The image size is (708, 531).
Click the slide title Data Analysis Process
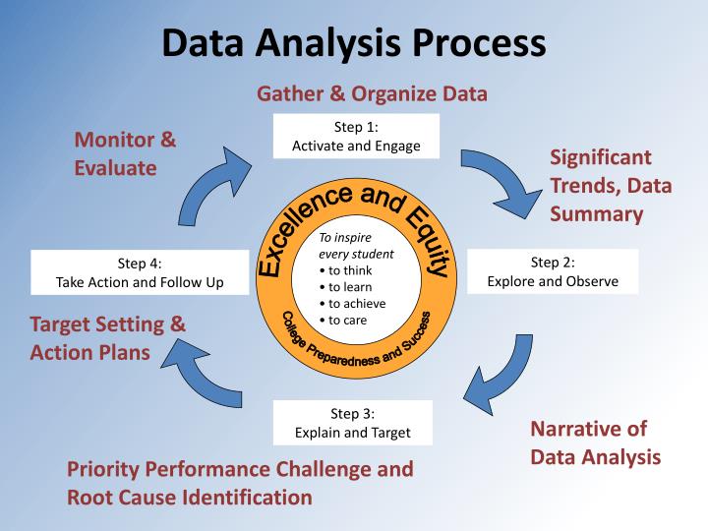tap(354, 44)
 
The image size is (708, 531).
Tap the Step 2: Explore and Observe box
tap(553, 271)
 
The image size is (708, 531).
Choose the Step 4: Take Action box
tap(140, 272)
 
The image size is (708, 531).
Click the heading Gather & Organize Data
tap(373, 94)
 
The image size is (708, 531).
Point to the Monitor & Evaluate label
tap(125, 153)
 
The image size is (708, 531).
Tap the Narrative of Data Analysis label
tap(595, 442)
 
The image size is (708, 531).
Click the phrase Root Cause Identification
tap(189, 497)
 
